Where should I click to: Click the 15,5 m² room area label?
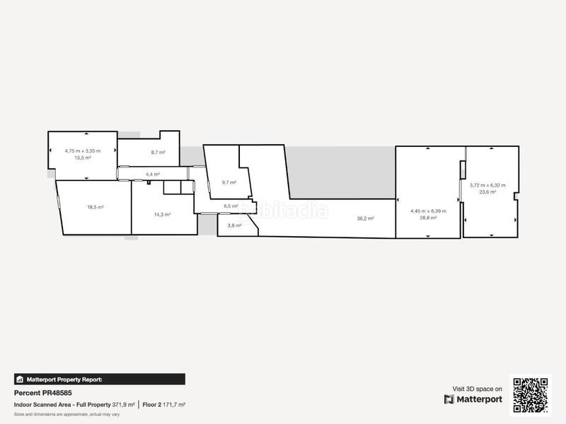(x=83, y=158)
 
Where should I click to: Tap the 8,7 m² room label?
(x=158, y=152)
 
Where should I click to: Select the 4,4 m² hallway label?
(x=153, y=174)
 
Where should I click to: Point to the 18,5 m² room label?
(x=96, y=207)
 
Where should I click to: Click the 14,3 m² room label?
(x=163, y=214)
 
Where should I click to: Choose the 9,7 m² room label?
(x=229, y=182)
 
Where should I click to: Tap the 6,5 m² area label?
(x=231, y=206)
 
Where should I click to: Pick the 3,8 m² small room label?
(x=234, y=225)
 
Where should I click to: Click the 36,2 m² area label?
(x=365, y=218)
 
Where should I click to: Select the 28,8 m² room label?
(x=428, y=218)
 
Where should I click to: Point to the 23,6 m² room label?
(x=487, y=192)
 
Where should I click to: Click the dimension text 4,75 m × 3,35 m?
(x=83, y=151)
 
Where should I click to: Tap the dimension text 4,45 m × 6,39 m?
(x=428, y=211)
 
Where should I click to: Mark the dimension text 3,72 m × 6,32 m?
(x=487, y=185)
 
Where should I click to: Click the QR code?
(x=530, y=395)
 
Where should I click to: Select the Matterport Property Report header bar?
(x=99, y=379)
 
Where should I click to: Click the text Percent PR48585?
(x=43, y=393)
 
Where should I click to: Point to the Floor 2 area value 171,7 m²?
(x=174, y=404)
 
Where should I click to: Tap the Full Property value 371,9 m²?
(x=124, y=404)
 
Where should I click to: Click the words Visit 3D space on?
(x=478, y=389)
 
